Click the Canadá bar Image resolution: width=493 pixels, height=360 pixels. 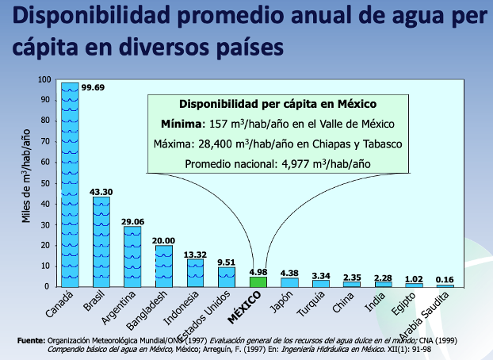[x=70, y=185]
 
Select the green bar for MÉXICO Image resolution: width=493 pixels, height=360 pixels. [x=258, y=282]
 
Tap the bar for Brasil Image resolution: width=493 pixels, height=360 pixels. [x=101, y=242]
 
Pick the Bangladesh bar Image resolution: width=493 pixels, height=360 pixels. [x=164, y=266]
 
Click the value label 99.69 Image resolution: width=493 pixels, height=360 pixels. [x=93, y=87]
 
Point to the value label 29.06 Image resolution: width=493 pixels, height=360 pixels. [x=132, y=221]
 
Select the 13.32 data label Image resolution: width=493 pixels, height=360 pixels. [x=195, y=255]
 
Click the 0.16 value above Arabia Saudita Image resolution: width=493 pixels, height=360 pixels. [x=445, y=279]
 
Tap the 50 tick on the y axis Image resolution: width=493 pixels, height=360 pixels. [x=45, y=183]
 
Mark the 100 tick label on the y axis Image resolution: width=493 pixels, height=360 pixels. [x=44, y=79]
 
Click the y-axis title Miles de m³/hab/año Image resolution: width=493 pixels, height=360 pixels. [x=26, y=176]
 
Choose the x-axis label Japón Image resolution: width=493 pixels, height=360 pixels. [x=281, y=302]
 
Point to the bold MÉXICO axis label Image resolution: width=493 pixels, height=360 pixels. [x=244, y=308]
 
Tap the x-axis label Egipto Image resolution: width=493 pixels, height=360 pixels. [x=403, y=304]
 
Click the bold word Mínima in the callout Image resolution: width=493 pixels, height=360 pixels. [x=181, y=124]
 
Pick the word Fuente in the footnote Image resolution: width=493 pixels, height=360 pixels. [x=31, y=340]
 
